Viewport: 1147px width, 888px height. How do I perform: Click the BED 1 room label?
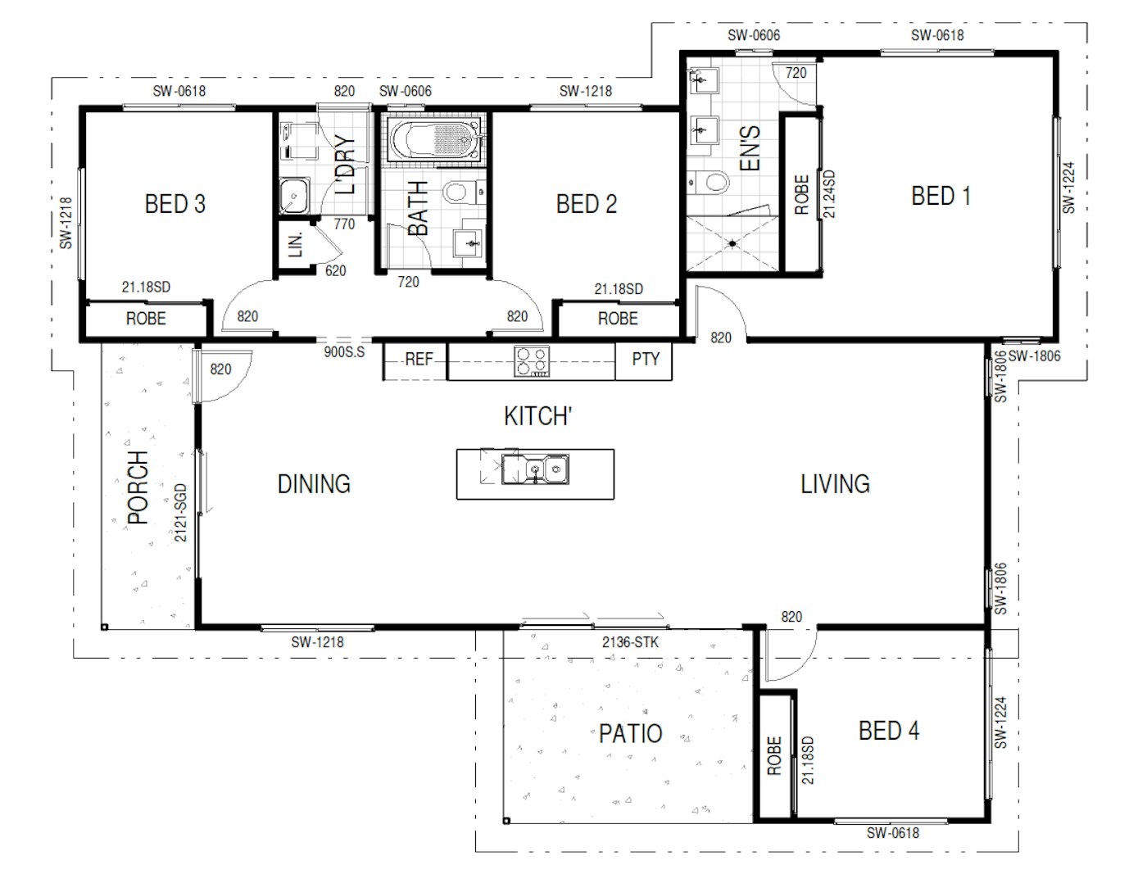[x=940, y=196]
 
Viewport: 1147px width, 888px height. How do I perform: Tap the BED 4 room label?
[x=888, y=731]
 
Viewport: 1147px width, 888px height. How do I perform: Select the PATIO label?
[x=630, y=733]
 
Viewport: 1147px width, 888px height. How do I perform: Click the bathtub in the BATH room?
[x=435, y=139]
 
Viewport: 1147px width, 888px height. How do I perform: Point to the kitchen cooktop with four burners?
[x=532, y=361]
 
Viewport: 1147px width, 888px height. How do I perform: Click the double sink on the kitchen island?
[x=535, y=469]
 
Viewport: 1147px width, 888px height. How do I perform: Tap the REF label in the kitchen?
[x=419, y=360]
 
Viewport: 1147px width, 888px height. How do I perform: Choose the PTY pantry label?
[x=646, y=359]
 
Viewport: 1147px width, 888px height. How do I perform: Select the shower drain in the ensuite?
[x=732, y=244]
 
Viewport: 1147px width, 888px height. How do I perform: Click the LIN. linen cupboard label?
[x=296, y=244]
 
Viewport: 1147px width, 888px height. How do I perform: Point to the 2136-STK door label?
[x=630, y=642]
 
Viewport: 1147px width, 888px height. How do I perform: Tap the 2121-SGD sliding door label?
[x=180, y=512]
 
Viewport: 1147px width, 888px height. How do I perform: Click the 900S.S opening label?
[x=344, y=352]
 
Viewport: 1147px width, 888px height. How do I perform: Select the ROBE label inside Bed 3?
[x=146, y=319]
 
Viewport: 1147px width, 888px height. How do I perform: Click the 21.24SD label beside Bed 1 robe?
[x=829, y=193]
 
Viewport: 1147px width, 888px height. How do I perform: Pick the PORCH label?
[x=138, y=487]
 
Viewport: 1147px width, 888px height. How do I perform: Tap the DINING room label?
[x=314, y=484]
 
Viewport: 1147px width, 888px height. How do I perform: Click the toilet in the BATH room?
[x=464, y=192]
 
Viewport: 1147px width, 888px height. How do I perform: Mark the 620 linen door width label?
[x=336, y=270]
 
